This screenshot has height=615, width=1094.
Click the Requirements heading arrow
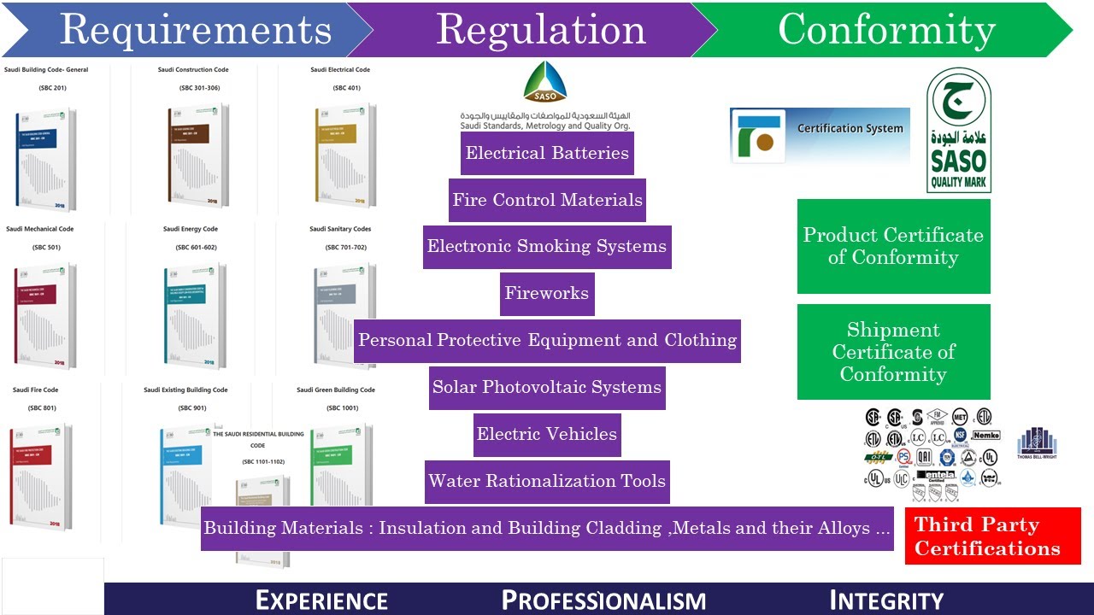coord(195,30)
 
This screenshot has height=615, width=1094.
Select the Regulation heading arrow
coord(540,30)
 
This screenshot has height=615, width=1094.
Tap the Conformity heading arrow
coord(886,30)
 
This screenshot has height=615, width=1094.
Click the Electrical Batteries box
coord(547,154)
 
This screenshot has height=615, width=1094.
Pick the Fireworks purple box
coord(547,294)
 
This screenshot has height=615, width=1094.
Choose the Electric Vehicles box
coord(547,435)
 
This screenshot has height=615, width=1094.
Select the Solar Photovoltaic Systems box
coord(547,388)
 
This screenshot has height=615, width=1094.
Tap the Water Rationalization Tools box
coord(547,482)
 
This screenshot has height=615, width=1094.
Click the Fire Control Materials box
coord(547,201)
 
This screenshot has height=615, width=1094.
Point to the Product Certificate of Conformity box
coord(893,247)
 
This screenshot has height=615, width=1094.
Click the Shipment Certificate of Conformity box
coord(893,352)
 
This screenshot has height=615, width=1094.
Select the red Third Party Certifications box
coord(992,536)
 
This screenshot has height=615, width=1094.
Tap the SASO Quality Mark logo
coord(959,131)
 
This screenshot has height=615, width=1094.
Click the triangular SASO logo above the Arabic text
coord(545,83)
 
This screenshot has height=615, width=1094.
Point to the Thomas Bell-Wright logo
coord(1037,445)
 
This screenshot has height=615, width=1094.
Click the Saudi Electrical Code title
coord(340,70)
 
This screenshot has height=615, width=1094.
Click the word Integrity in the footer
coord(886,600)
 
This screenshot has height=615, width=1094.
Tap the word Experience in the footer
coord(321,600)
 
